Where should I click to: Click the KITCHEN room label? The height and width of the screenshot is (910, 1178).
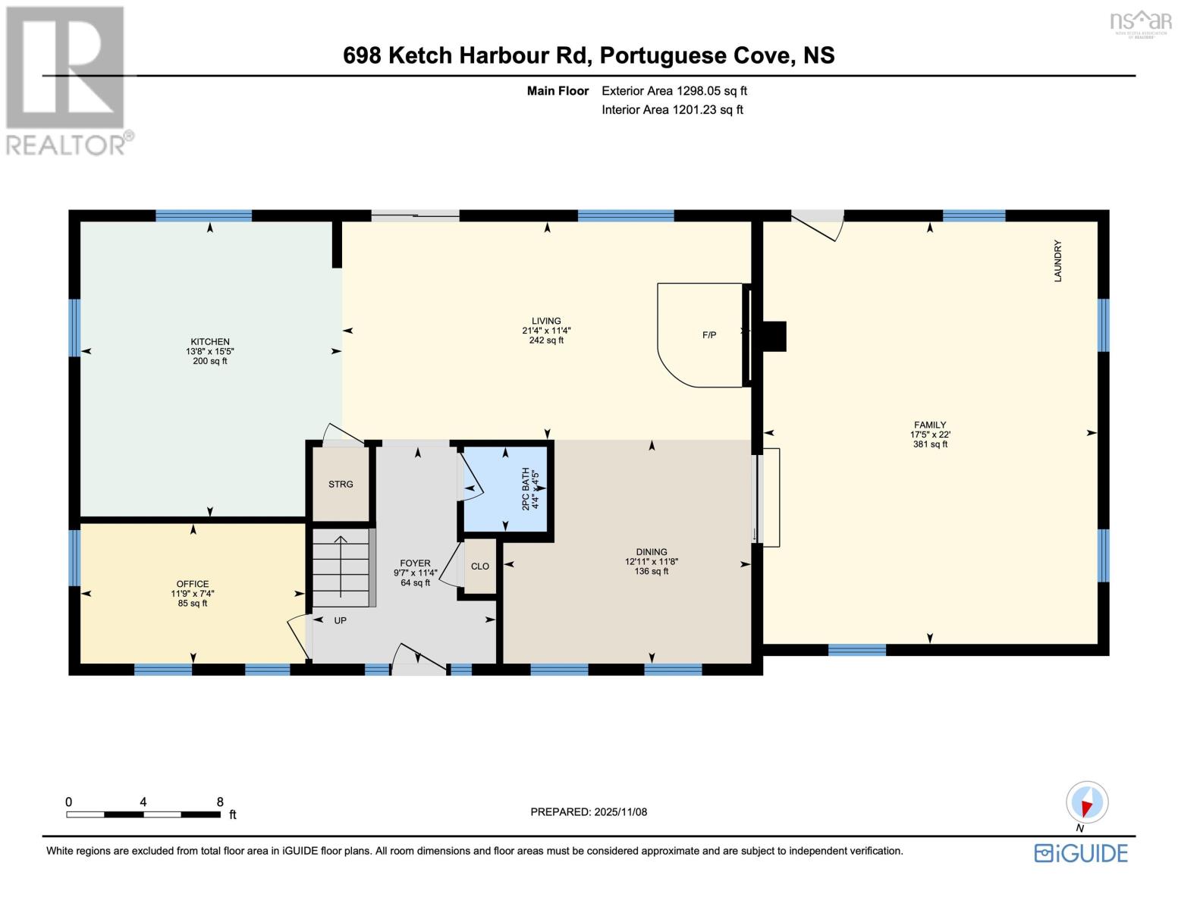point(210,342)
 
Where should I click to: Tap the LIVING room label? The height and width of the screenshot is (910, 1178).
point(546,321)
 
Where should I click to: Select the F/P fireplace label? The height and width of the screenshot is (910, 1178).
point(709,334)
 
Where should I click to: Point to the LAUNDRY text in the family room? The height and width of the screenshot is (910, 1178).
point(1057,261)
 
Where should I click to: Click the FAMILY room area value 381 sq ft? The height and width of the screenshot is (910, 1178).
point(930,444)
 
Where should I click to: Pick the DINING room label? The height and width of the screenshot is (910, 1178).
point(652,552)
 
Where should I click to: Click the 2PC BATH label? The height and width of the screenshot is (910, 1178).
point(525,489)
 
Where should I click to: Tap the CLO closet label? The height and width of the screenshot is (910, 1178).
point(480,566)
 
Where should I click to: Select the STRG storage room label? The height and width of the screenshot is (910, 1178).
point(341,485)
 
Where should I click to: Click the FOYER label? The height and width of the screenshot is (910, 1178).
point(415,563)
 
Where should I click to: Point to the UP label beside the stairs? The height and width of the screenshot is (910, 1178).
point(341,620)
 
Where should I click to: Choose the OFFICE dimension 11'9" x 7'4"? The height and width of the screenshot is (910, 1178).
point(193,594)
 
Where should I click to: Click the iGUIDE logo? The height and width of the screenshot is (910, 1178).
point(1081,853)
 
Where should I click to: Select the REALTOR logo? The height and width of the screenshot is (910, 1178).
point(66,80)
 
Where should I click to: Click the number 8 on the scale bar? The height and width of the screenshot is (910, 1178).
point(220,802)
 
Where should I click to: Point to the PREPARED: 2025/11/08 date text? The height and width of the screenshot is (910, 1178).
point(589,811)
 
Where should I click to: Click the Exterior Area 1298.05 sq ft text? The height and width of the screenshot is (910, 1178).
point(674,91)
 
